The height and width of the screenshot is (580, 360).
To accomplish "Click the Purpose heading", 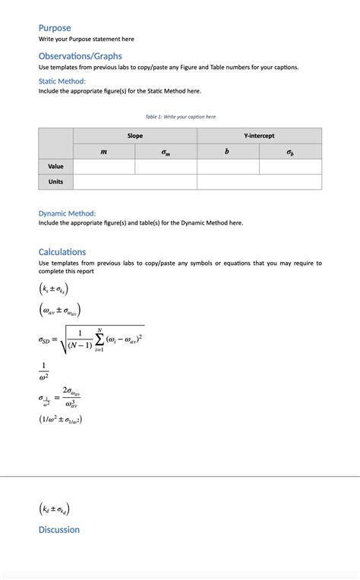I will point(55,28).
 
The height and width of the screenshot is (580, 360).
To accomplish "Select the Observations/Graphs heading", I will point(80,56).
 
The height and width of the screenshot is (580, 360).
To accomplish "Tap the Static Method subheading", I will point(62,81).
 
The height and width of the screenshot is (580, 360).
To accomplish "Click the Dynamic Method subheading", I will point(67,213).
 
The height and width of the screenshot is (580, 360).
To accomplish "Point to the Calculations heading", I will point(62,252).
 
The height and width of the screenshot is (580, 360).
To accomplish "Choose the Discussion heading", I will point(59,530).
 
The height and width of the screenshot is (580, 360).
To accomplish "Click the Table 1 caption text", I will point(180,117).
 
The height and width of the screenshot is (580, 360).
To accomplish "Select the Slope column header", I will point(135,136).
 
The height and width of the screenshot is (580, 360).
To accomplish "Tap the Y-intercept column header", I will point(259,136).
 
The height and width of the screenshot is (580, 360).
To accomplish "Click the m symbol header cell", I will point(104,152).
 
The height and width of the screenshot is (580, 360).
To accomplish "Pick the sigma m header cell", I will point(166,152).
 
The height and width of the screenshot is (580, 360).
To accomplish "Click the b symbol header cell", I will point(227,152).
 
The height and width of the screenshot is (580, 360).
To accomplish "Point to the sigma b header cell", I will point(290,152).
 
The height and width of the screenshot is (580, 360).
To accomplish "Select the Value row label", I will point(55,166).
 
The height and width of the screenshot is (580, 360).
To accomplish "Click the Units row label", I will point(55,182).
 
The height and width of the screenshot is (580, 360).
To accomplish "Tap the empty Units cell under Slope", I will point(135,182).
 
